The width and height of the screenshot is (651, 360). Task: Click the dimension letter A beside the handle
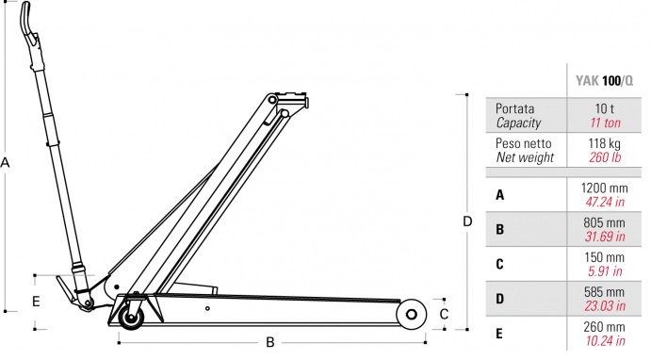[x=5, y=162]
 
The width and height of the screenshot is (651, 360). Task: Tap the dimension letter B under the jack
[x=269, y=342]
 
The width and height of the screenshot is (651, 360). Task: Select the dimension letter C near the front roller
[x=444, y=314]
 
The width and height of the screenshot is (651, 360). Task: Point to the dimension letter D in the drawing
[x=467, y=221]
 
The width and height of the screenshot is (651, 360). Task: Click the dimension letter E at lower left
[x=36, y=302]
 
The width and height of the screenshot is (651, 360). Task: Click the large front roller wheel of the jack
[x=411, y=315]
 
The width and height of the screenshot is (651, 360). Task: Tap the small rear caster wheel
[x=131, y=318]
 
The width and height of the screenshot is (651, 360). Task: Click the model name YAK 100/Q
[x=604, y=80]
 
